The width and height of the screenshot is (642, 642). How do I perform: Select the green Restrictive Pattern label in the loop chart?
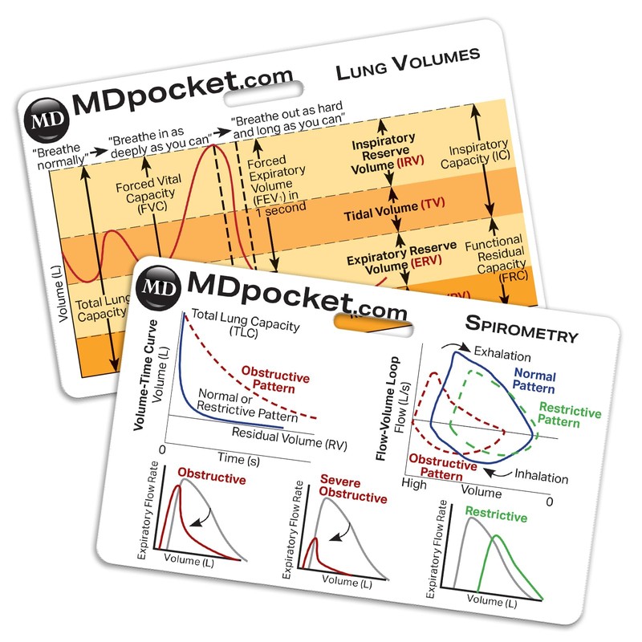tap(570, 413)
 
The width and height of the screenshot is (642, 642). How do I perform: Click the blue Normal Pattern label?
tap(535, 380)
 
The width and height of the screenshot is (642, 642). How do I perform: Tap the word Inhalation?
tap(541, 477)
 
